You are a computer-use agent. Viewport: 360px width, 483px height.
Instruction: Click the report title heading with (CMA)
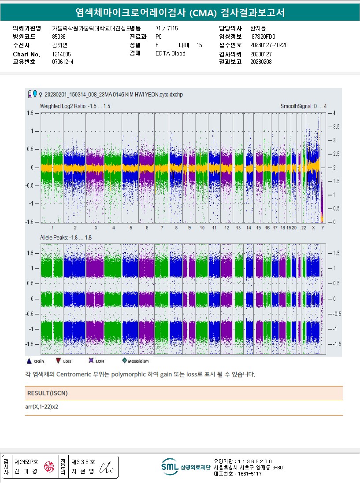point(180,13)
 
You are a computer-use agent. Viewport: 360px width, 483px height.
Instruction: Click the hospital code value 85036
point(59,37)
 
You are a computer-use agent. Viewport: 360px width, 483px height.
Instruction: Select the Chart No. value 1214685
point(61,54)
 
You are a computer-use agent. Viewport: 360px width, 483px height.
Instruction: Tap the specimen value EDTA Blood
point(171,54)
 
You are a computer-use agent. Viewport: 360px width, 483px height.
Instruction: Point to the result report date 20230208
point(261,62)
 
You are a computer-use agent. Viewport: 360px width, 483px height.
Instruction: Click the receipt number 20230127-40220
point(268,45)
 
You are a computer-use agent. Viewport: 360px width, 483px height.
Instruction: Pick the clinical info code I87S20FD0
point(262,37)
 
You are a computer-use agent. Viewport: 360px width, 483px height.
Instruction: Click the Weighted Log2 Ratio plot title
point(75,107)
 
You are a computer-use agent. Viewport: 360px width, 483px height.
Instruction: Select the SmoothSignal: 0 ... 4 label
point(304,107)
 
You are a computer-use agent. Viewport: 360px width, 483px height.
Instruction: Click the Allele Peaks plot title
point(66,238)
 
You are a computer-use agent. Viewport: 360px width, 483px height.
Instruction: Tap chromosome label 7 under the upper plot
point(162,228)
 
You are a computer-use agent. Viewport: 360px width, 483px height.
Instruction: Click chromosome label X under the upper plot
point(313,228)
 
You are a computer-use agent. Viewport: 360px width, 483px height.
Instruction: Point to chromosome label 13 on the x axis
point(238,228)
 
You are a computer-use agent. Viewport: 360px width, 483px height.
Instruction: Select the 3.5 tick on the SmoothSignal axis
point(337,127)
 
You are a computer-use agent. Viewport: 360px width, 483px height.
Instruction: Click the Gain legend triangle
point(29,361)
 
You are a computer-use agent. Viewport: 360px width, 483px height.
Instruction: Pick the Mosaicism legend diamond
point(125,361)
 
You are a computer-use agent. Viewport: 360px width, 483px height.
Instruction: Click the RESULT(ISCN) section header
point(48,393)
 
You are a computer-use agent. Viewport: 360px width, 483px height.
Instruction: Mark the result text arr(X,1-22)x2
point(42,407)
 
